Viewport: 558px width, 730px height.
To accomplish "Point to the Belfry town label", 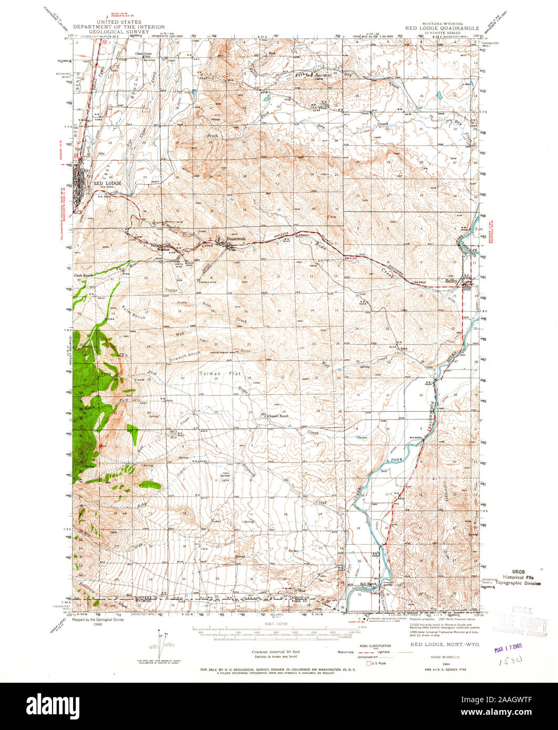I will [452, 281].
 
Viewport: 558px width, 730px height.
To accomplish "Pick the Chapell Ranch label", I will [277, 415].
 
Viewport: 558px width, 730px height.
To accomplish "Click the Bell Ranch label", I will [368, 583].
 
